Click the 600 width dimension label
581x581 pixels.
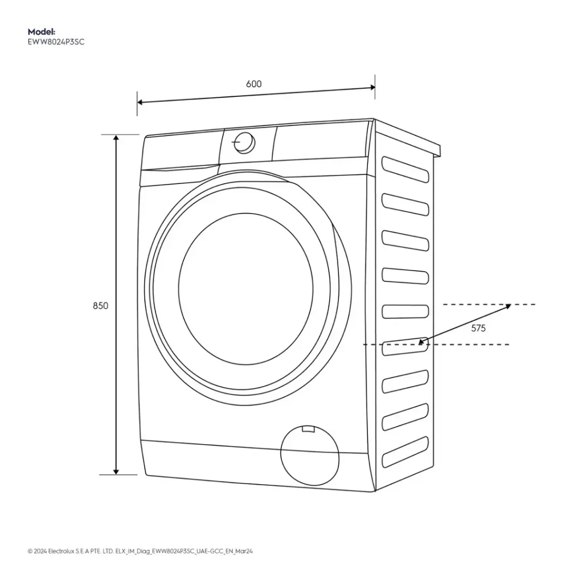tap(253, 84)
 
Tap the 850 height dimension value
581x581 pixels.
tap(100, 306)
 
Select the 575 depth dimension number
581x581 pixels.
tap(478, 328)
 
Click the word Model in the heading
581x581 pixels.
tap(40, 32)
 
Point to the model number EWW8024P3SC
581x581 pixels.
tap(56, 42)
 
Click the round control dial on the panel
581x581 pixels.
tap(244, 142)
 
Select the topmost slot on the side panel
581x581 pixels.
tap(405, 169)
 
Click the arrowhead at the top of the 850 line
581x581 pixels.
tap(116, 139)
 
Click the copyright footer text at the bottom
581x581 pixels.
tap(140, 551)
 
